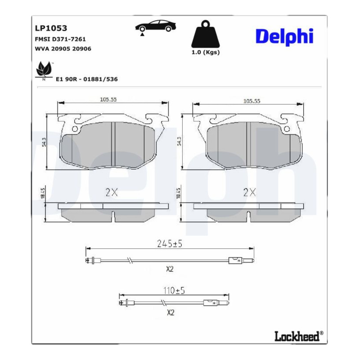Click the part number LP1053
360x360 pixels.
coord(51,28)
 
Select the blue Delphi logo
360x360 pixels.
coord(284,37)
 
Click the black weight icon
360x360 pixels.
coord(206,34)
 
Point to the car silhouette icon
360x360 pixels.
coord(155,27)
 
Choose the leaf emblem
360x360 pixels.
coord(44,70)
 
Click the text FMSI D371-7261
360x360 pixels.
coord(60,39)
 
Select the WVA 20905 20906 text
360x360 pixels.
coord(63,49)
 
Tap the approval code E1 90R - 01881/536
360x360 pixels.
coord(87,79)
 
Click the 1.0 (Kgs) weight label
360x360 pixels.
coord(206,52)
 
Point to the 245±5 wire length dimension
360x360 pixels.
coord(170,243)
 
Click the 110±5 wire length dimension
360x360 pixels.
coord(174,291)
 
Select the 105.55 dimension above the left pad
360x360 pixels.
coord(108,99)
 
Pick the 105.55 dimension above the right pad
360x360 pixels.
coord(252,101)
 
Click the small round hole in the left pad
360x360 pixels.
coord(75,129)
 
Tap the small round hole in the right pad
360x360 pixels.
coord(287,129)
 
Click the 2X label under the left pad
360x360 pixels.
coord(112,193)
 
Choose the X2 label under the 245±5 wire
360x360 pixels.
coord(170,269)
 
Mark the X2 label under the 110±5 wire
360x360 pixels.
coord(171,312)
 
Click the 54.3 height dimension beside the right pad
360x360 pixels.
coord(180,141)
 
